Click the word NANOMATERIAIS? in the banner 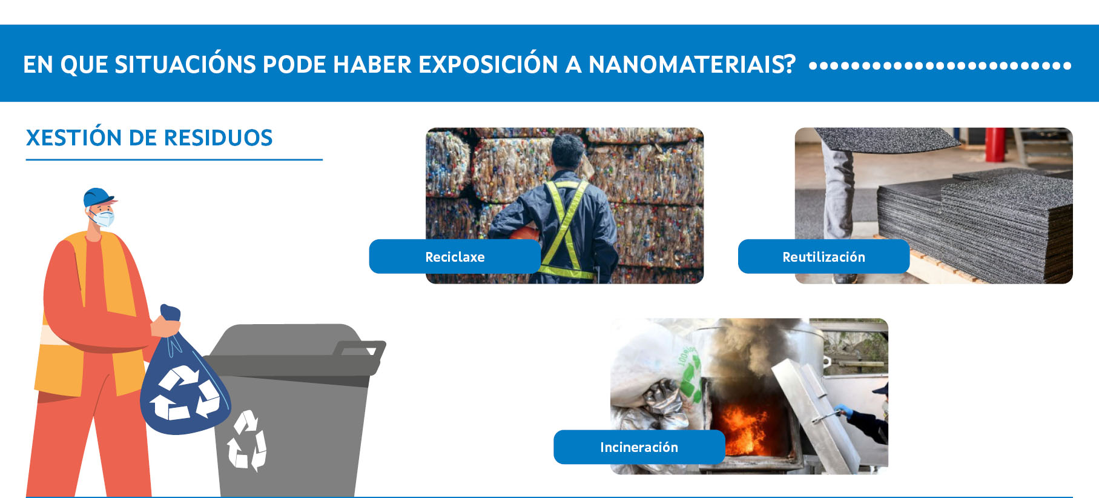point(691,64)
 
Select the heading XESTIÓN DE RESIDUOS point(149,138)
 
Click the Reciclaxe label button point(455,256)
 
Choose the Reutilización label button point(823,256)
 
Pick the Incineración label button point(639,447)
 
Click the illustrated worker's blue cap point(98,197)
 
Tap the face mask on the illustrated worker point(104,217)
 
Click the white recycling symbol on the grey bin point(246,440)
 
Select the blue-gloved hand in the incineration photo point(843,411)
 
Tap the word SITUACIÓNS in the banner point(185,64)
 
